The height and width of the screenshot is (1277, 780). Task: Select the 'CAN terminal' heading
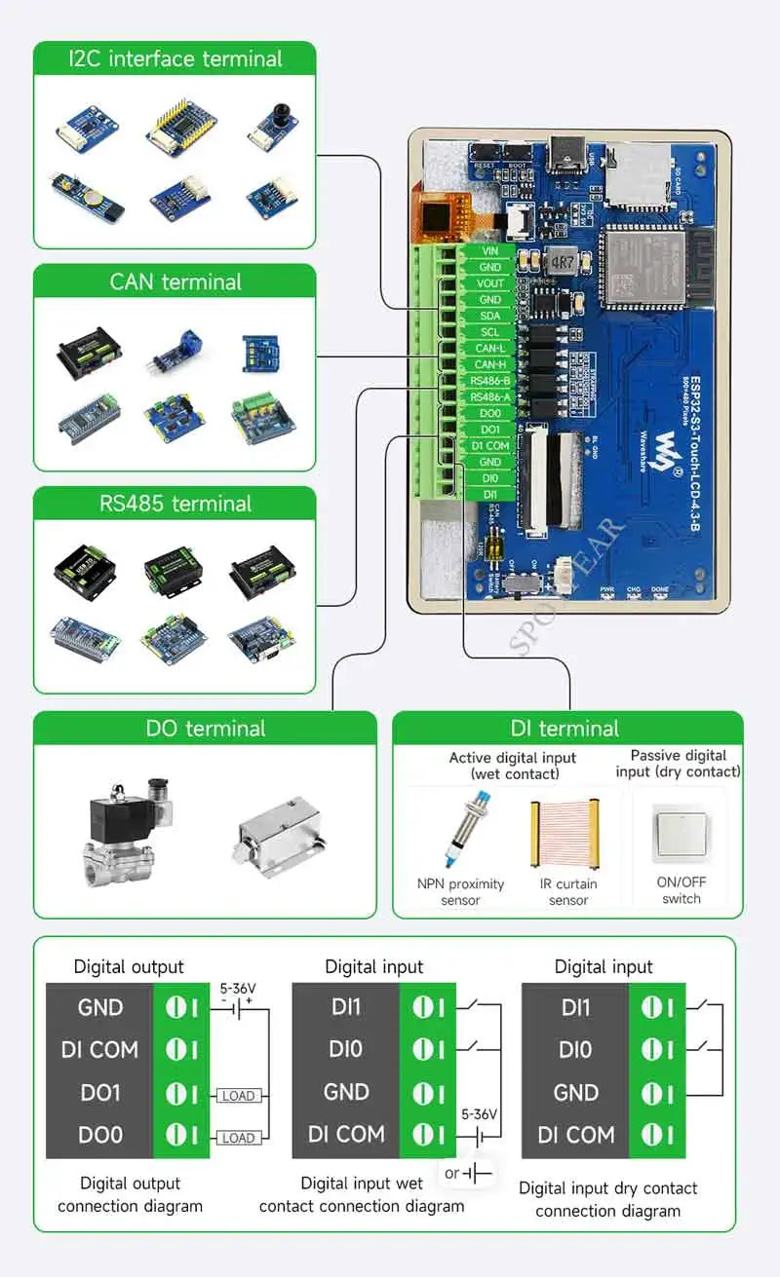[x=175, y=282]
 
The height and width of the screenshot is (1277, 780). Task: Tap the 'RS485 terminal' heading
[x=175, y=504]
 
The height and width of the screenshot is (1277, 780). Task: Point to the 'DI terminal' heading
[x=565, y=729]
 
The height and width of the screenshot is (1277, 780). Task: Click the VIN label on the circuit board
[x=489, y=251]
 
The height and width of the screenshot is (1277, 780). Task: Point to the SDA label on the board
[x=489, y=316]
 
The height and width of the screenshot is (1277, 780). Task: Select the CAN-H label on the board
[x=489, y=364]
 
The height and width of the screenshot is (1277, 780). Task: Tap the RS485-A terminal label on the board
[x=489, y=396]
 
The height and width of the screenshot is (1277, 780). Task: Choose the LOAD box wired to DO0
[x=238, y=1138]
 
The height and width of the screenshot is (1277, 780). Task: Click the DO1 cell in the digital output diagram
[x=100, y=1093]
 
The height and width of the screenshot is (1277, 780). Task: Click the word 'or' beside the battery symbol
[x=451, y=1173]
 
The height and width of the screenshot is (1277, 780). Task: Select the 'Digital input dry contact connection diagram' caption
[x=607, y=1199]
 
